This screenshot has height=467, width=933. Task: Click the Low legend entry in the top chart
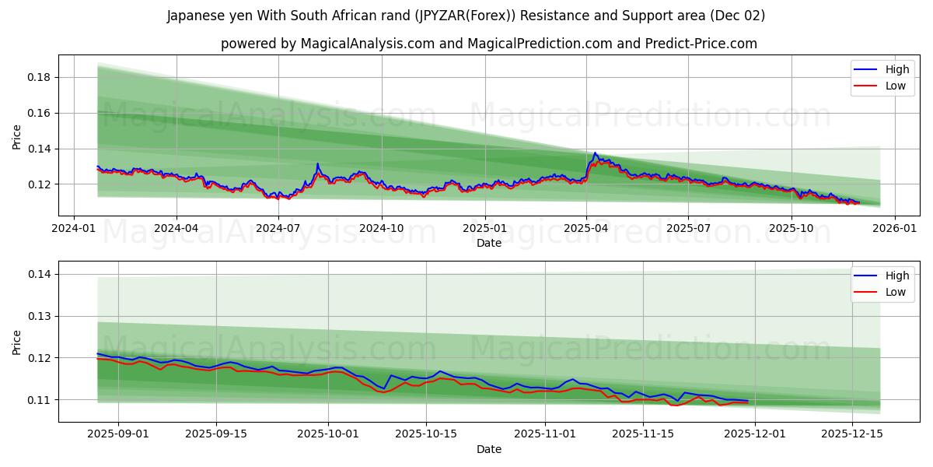pyautogui.click(x=895, y=86)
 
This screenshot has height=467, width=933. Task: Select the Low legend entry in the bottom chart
pyautogui.click(x=895, y=292)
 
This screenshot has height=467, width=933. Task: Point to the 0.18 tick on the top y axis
pyautogui.click(x=40, y=77)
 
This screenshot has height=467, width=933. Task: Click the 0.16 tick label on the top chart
pyautogui.click(x=40, y=113)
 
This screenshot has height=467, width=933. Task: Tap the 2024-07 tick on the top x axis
pyautogui.click(x=278, y=228)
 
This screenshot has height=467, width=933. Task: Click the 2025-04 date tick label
pyautogui.click(x=586, y=228)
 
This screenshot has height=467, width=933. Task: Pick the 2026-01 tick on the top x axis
pyautogui.click(x=894, y=228)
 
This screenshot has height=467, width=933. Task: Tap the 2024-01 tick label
pyautogui.click(x=74, y=228)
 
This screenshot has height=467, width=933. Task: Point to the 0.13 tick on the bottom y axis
pyautogui.click(x=40, y=316)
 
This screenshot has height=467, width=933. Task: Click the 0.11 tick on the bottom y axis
pyautogui.click(x=40, y=400)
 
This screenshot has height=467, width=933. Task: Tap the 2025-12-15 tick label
pyautogui.click(x=853, y=434)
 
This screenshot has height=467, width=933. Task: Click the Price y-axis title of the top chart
pyautogui.click(x=17, y=137)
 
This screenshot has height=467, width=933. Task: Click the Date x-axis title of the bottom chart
pyautogui.click(x=489, y=449)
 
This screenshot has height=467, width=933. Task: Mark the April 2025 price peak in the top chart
pyautogui.click(x=595, y=153)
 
